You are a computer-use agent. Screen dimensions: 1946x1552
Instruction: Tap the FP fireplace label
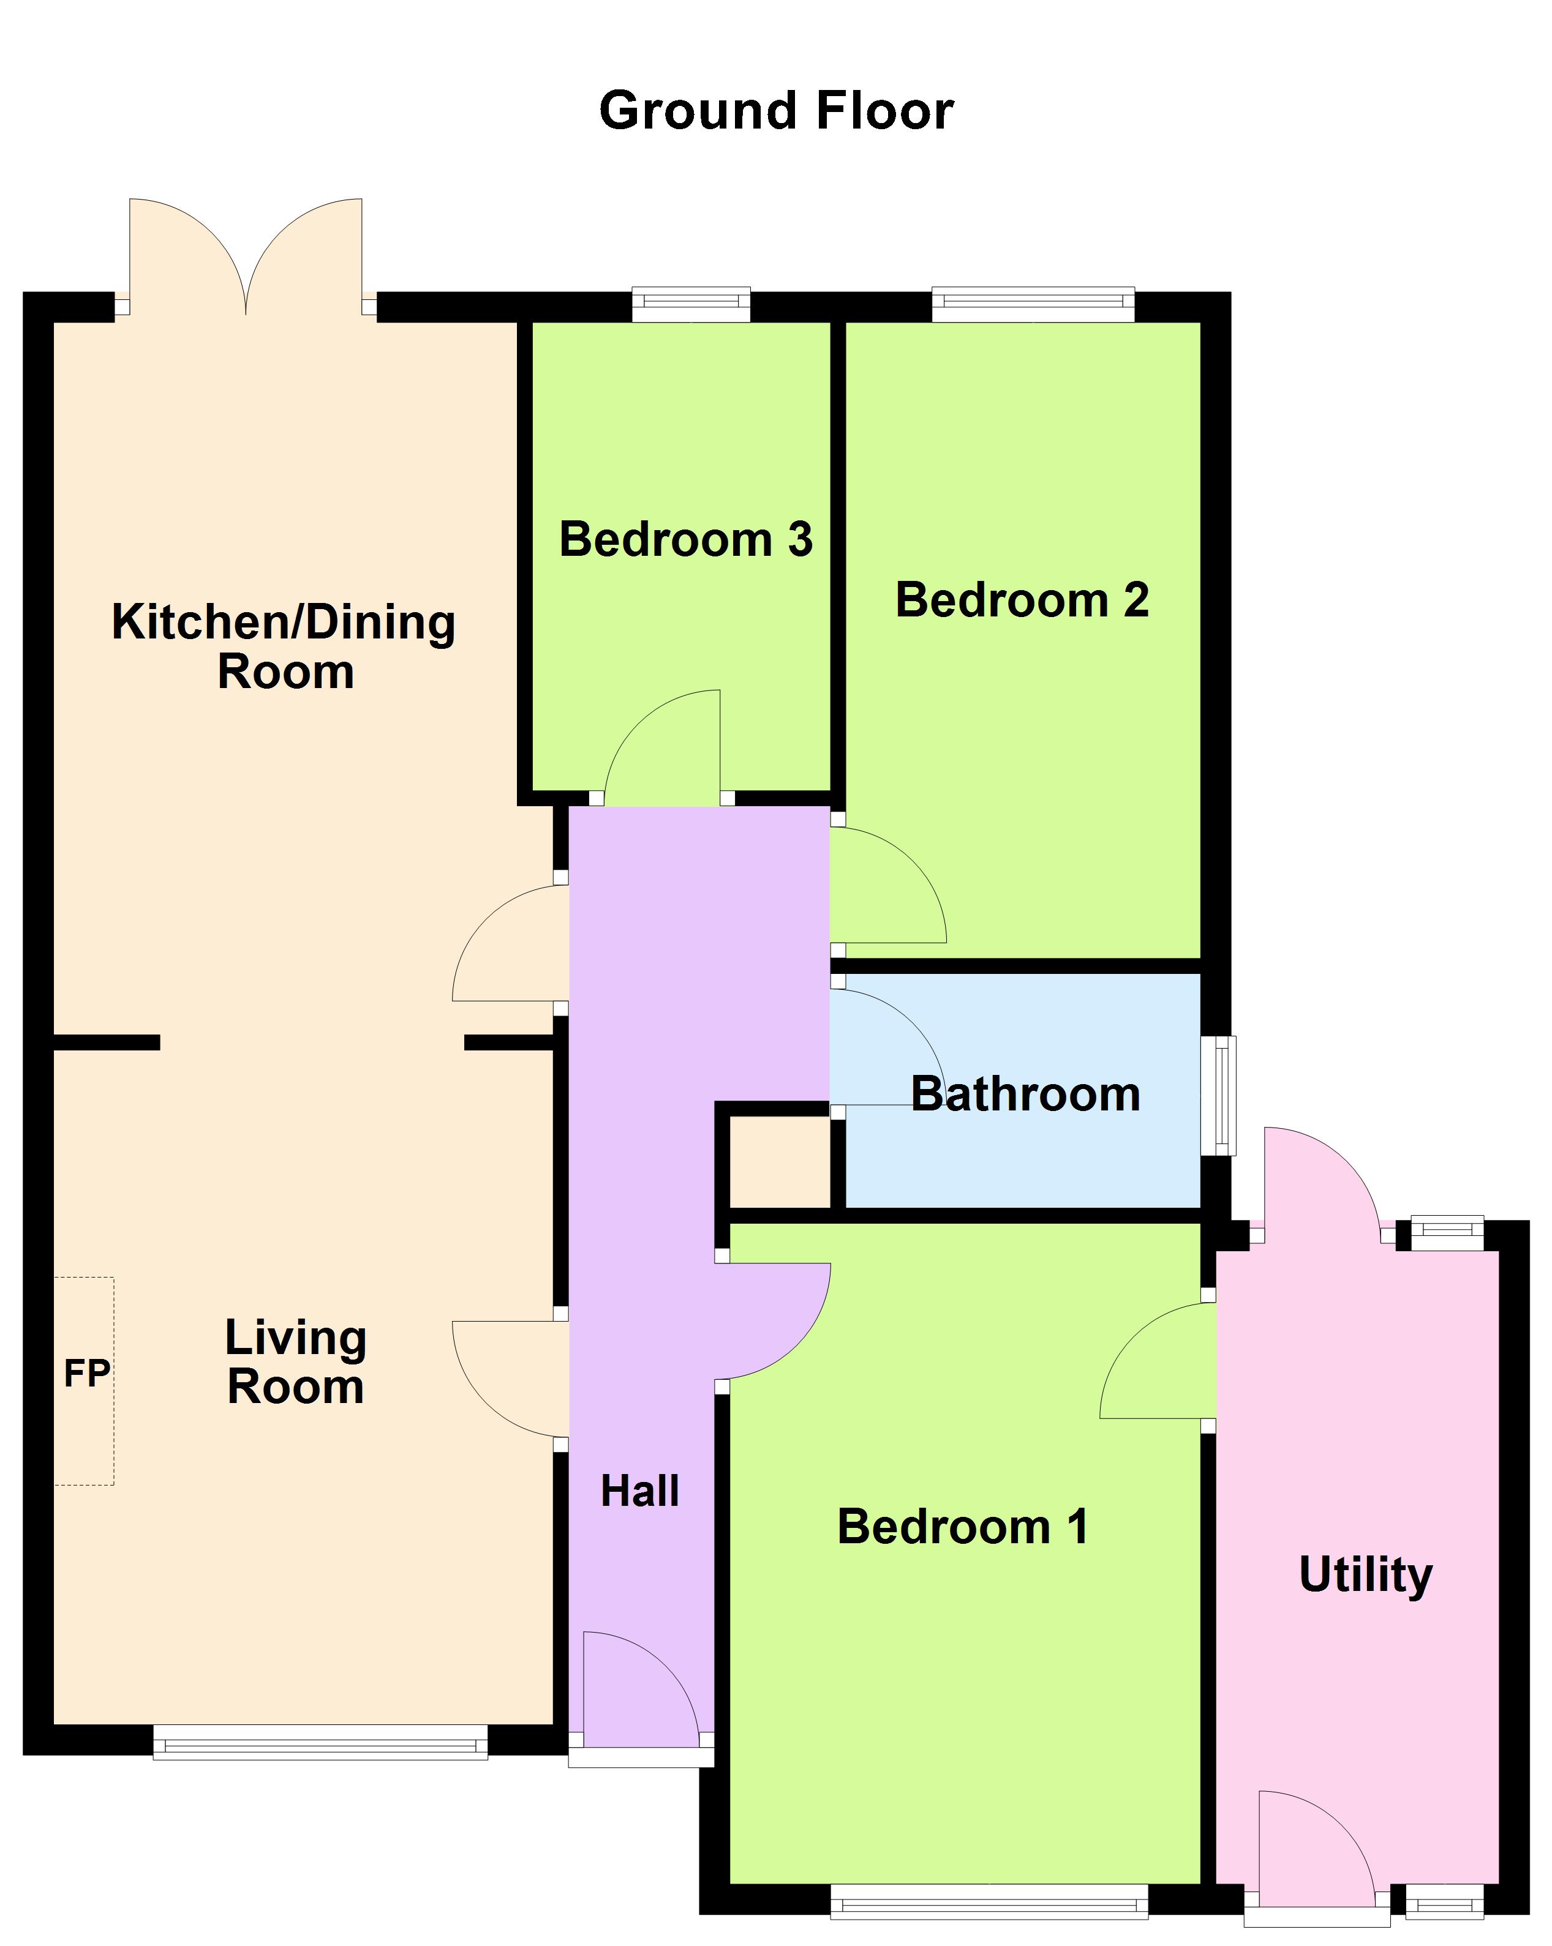[x=87, y=1373]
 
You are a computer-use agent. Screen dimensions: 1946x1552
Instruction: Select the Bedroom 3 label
[x=685, y=540]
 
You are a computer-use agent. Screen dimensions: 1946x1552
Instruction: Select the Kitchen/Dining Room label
[x=284, y=646]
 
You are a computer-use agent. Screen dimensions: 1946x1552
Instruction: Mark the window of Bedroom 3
[x=691, y=304]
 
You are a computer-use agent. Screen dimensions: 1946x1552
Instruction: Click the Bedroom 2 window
[x=1033, y=304]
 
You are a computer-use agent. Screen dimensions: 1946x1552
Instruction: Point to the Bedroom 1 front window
[x=989, y=1903]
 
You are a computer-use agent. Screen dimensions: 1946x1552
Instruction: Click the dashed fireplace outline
[x=83, y=1381]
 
